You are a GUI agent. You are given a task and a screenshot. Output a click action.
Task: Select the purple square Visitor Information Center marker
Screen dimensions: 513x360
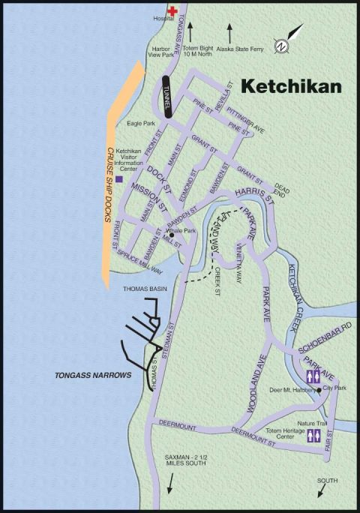(118, 179)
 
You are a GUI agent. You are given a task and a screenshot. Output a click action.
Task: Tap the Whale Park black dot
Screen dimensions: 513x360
(172, 235)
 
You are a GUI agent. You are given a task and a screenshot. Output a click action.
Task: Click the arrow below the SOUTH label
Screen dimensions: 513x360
(322, 490)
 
